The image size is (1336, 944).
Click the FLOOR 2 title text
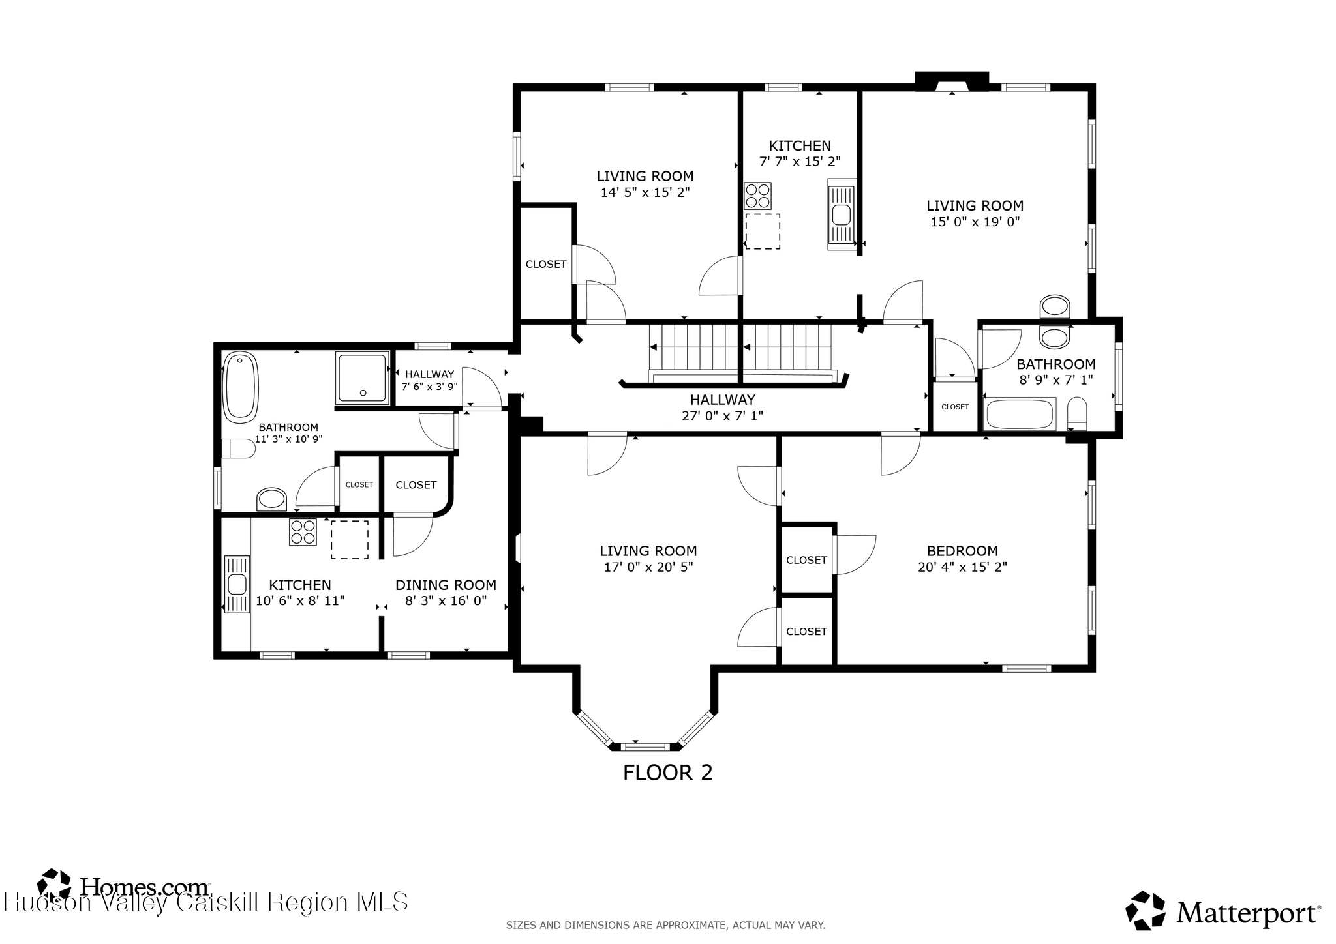[x=667, y=773]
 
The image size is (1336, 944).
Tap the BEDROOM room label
[x=962, y=551]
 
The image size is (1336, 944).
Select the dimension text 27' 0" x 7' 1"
[x=722, y=415]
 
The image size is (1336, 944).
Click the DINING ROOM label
[x=446, y=585]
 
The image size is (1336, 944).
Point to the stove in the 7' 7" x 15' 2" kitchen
[x=758, y=196]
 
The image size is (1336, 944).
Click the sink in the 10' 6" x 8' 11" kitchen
[x=237, y=584]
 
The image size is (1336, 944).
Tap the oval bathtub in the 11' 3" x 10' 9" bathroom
[x=241, y=386]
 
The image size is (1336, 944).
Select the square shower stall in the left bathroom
[x=363, y=377]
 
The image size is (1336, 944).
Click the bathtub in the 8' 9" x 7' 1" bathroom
[x=1019, y=414]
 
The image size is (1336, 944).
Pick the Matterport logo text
[x=1247, y=913]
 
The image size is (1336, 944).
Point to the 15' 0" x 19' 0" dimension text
[x=975, y=222]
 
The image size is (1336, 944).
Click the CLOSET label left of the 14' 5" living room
[x=546, y=264]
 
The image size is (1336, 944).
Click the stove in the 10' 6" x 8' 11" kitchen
[x=303, y=532]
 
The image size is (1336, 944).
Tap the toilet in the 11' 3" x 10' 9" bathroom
[x=238, y=449]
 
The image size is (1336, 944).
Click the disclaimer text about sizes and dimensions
[x=666, y=925]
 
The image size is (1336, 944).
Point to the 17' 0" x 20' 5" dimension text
[x=648, y=567]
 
